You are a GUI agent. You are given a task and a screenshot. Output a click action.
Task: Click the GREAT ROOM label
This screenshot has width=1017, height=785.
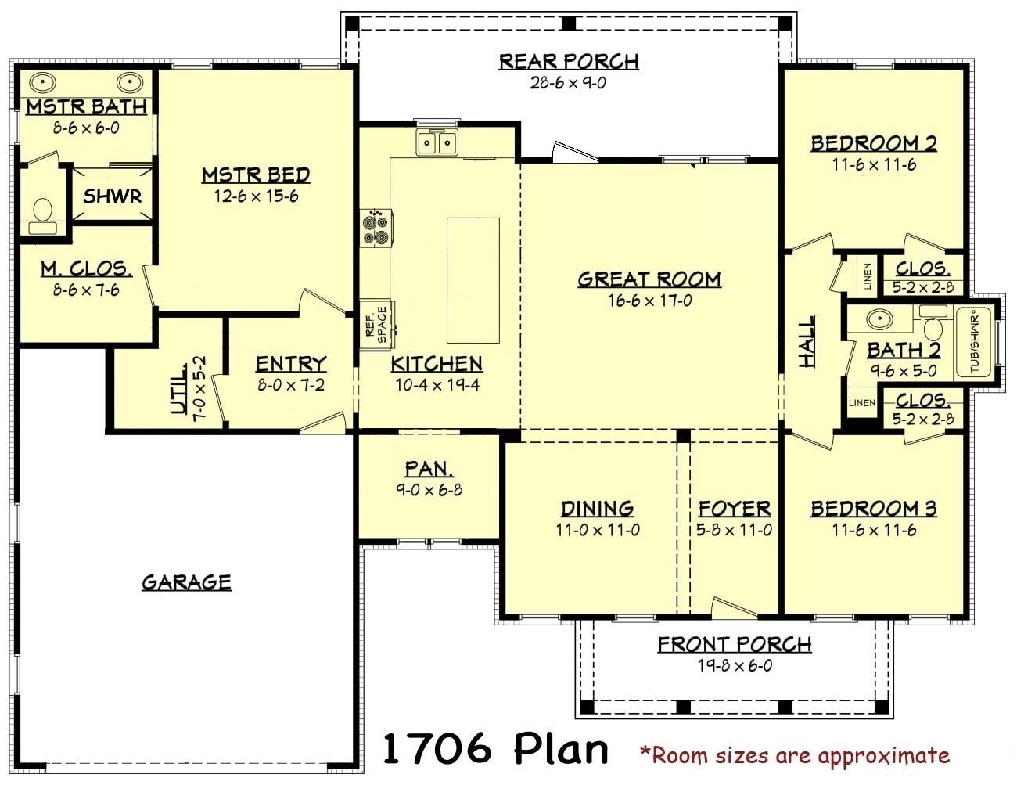649,279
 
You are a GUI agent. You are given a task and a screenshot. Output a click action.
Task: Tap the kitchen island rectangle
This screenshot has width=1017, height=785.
473,280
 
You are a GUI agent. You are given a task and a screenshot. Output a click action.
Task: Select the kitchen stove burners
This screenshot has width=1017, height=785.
376,228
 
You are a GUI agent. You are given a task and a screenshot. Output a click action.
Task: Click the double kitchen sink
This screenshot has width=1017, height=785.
438,142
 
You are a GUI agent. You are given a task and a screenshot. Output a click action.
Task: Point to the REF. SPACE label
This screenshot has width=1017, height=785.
376,325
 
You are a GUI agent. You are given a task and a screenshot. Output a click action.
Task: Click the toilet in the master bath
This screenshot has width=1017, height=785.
43,215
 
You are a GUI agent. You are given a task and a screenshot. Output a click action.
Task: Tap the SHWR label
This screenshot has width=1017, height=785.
113,196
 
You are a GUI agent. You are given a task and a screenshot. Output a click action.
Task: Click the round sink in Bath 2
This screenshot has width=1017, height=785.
880,319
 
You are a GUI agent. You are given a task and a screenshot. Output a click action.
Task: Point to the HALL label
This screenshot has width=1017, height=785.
807,340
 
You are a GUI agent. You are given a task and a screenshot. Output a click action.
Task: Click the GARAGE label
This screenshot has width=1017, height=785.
187,582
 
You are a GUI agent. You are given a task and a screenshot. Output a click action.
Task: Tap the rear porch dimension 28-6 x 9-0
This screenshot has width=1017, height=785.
568,83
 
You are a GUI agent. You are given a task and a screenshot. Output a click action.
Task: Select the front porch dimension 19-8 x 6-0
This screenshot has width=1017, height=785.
735,665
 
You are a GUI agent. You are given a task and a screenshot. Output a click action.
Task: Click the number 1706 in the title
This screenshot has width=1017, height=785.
437,748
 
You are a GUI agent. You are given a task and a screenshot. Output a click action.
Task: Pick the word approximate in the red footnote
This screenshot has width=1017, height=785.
884,757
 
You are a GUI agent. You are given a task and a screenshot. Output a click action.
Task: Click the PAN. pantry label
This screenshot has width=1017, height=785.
429,469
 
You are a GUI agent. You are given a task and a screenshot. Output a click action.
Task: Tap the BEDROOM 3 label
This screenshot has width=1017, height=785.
874,509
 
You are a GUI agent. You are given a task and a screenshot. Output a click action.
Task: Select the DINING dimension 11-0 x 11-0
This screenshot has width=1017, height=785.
598,530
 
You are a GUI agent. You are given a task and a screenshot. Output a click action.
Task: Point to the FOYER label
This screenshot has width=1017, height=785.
735,509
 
